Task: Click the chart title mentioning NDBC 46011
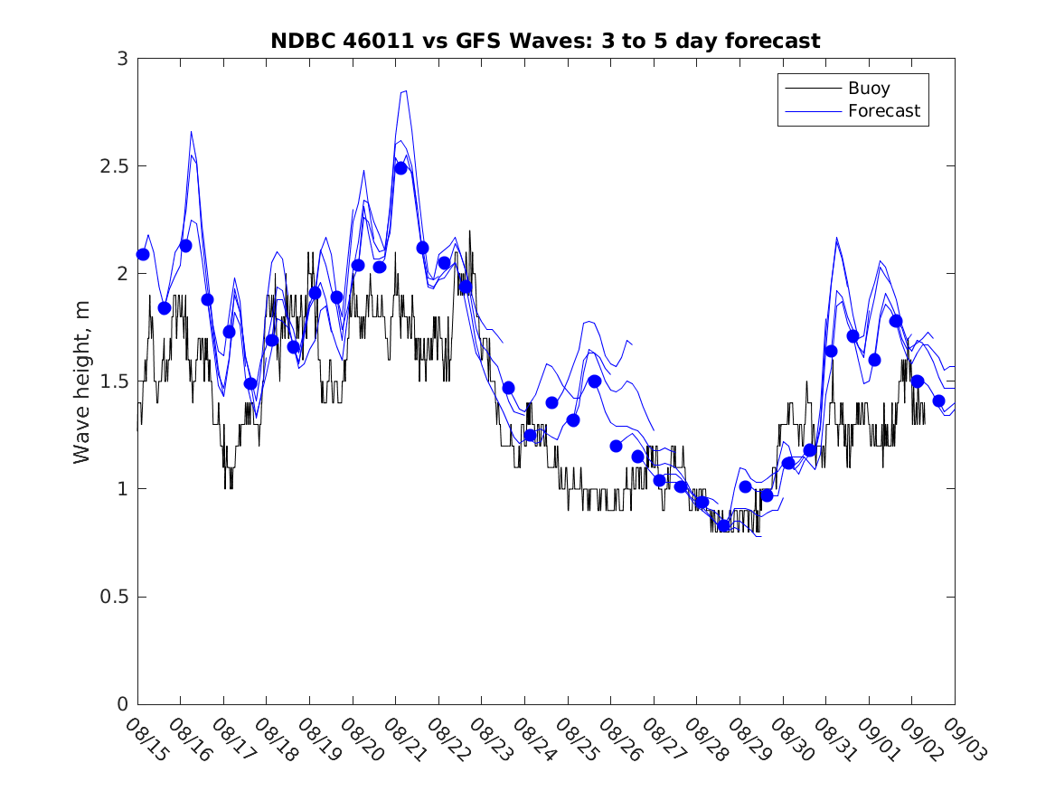tap(545, 41)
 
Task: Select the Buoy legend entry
tap(868, 89)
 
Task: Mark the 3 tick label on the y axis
tap(122, 59)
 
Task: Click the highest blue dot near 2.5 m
tap(400, 168)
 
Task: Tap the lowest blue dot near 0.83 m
tap(723, 525)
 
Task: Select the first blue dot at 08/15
tap(143, 255)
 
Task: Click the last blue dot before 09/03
tap(938, 400)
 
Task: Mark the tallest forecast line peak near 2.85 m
tap(405, 90)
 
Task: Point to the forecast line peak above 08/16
tap(191, 132)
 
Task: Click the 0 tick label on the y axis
tap(122, 704)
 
